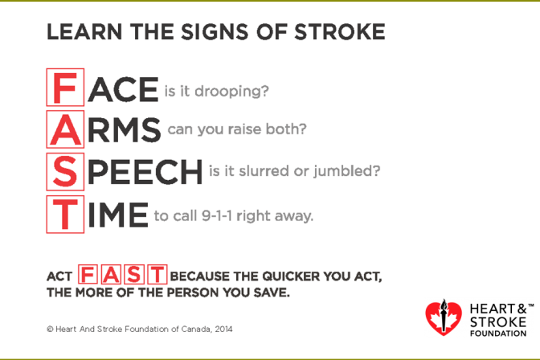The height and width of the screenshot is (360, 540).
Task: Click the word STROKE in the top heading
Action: (x=339, y=32)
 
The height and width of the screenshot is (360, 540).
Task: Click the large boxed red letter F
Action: (x=65, y=88)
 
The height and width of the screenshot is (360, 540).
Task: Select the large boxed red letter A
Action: (x=65, y=129)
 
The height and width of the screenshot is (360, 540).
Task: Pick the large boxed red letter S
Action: (x=65, y=171)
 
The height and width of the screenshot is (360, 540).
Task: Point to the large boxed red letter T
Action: (x=65, y=215)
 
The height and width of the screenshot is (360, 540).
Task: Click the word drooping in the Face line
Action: (x=231, y=92)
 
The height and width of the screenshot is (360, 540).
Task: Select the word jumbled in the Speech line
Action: (x=347, y=171)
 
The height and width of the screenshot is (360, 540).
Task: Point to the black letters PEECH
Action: (x=145, y=171)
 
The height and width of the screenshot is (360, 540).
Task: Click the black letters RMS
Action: (x=125, y=129)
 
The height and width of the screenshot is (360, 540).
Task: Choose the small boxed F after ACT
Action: (x=88, y=275)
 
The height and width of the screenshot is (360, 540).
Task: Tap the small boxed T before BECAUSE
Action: (x=157, y=275)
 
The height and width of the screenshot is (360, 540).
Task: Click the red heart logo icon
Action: (x=444, y=317)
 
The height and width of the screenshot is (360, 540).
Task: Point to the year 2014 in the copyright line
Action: (x=223, y=329)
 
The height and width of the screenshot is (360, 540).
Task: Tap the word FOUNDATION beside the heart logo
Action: (x=498, y=333)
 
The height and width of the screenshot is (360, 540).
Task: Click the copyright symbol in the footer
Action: (x=50, y=329)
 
